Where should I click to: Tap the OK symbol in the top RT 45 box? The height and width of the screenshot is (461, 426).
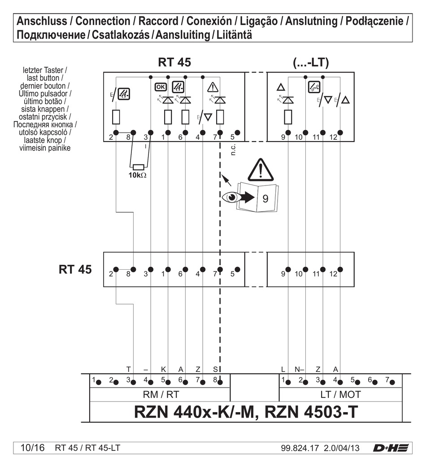tap(160, 86)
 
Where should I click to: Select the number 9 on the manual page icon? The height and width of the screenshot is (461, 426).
tap(265, 198)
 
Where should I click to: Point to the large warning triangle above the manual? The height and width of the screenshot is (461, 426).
tap(260, 169)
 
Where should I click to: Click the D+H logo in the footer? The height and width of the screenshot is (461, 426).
tap(391, 448)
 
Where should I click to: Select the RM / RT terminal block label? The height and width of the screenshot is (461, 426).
tap(160, 395)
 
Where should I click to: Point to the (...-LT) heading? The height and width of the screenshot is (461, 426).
tap(311, 63)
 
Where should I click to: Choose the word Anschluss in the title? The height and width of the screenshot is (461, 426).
tap(42, 21)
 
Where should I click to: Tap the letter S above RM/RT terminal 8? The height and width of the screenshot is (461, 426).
tap(215, 369)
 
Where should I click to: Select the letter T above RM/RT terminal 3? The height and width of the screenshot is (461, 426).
tap(128, 369)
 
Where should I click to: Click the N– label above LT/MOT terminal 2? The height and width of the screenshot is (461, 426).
tap(299, 369)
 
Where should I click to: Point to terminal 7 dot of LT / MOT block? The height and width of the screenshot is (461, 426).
tap(392, 382)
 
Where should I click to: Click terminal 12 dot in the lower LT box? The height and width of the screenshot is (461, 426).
tap(340, 269)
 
